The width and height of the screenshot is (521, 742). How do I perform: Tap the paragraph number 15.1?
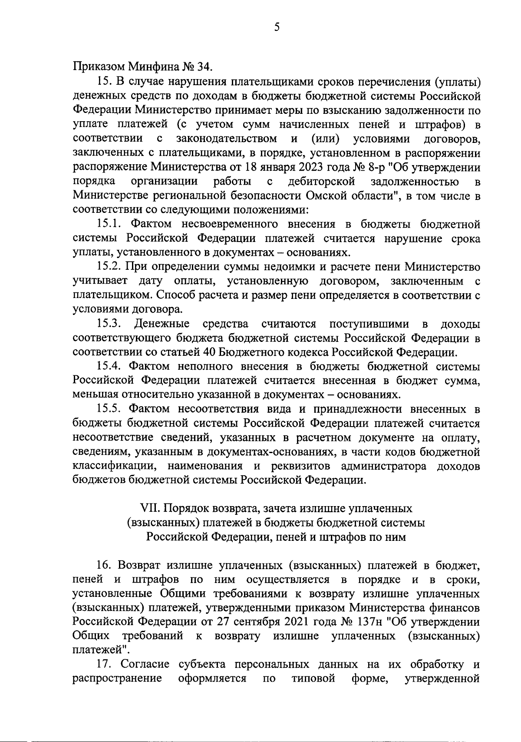109,225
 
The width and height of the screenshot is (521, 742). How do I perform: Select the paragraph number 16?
103,566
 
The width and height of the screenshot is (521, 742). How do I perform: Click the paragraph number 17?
103,665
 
